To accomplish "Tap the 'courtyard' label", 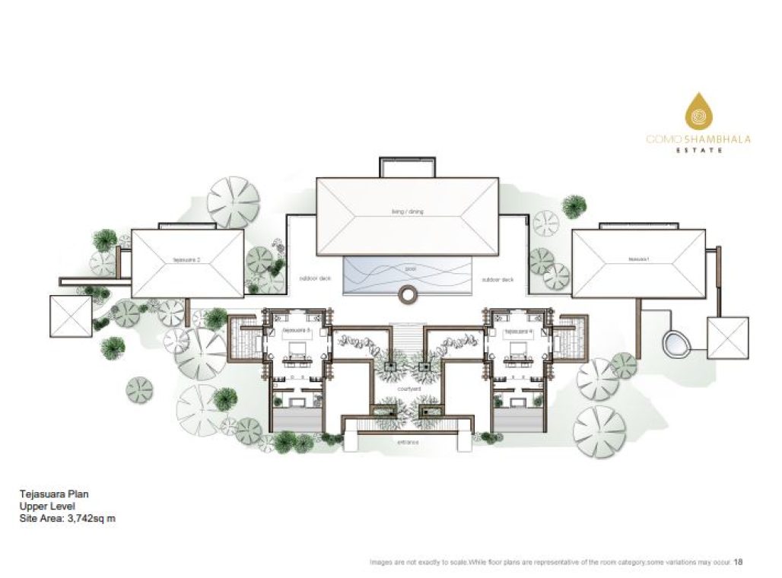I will (x=408, y=387).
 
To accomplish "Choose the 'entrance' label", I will (x=408, y=441).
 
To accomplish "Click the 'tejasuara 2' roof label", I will (x=187, y=260).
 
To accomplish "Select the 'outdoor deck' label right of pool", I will (x=498, y=279).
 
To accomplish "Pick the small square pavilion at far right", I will (x=728, y=337).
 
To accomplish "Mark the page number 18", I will (x=738, y=562).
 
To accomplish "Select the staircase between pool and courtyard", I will (x=408, y=335).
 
